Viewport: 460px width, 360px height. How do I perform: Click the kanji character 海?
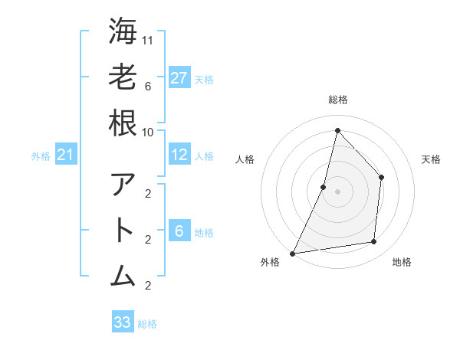coord(123,31)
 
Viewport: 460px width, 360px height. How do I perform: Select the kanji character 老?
coord(123,77)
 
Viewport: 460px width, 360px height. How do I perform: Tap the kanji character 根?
coord(123,123)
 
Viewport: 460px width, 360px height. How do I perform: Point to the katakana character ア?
coord(123,185)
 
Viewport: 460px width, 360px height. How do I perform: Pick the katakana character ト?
coord(123,231)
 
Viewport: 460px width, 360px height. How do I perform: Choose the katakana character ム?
coord(123,276)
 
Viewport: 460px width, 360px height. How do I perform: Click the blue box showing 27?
coord(179,78)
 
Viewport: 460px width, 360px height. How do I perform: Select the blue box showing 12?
coord(179,155)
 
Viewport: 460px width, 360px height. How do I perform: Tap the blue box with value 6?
coord(179,231)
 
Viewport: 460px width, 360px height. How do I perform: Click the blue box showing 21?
coord(65,155)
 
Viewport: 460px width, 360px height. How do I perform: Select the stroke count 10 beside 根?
coord(149,132)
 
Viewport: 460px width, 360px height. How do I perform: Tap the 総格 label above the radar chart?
coord(337,100)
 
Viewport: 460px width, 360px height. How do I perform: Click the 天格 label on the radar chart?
coord(431,160)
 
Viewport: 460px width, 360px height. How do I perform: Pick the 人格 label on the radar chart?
coord(245,160)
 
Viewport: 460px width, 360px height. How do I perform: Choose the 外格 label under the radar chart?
coord(270,262)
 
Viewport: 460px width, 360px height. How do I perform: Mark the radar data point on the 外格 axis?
coord(292,253)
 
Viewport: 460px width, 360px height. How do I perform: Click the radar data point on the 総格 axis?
coord(337,130)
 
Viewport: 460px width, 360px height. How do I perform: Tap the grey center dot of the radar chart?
coord(337,191)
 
